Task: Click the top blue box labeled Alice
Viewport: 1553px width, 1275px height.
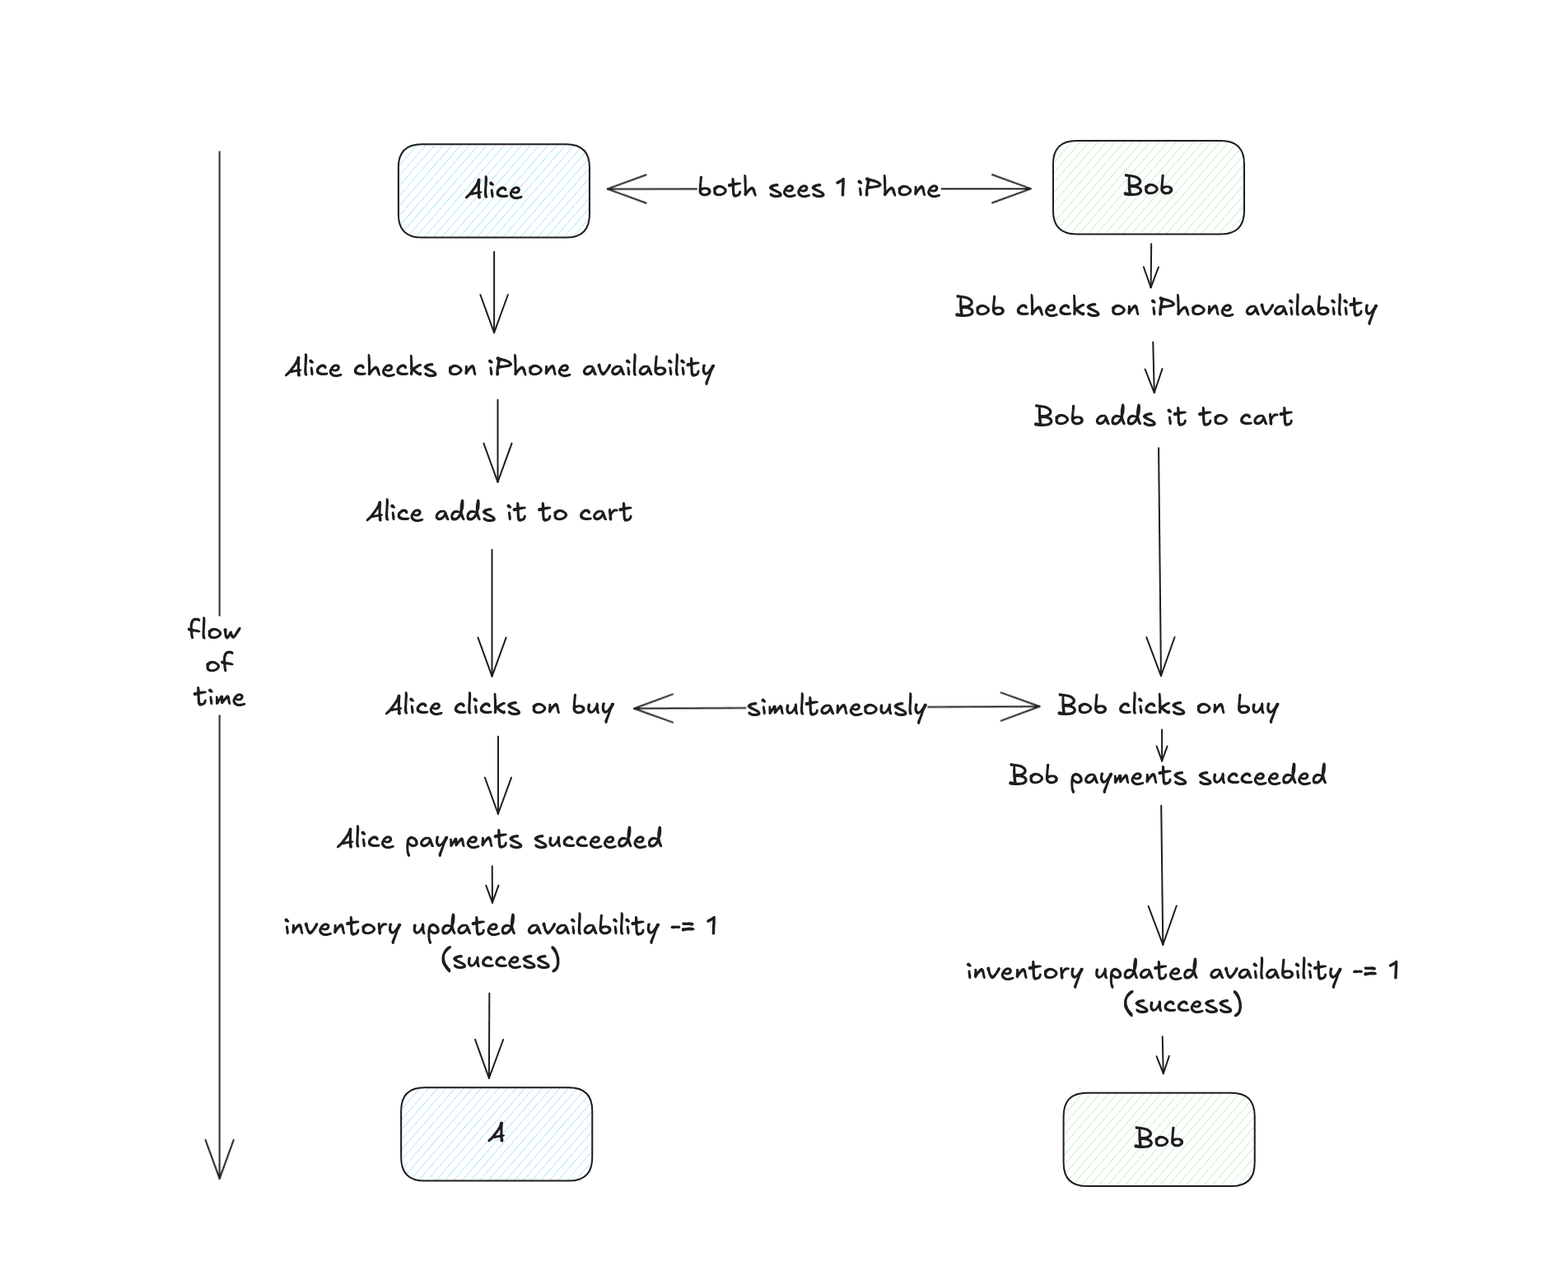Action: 493,191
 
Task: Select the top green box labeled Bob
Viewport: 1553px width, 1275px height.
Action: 1148,187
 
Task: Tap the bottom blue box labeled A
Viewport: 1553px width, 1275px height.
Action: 496,1134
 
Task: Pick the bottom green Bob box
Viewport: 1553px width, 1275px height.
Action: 1158,1139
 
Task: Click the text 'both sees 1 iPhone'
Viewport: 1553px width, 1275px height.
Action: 818,188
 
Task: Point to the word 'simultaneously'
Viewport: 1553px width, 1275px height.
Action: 837,707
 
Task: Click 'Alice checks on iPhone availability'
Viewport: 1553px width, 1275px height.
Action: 499,368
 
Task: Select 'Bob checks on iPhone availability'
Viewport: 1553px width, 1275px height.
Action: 1165,308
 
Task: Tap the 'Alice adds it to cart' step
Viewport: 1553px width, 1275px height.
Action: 499,513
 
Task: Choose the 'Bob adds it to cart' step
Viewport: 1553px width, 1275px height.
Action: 1163,417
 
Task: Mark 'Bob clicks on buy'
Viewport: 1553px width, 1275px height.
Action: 1168,706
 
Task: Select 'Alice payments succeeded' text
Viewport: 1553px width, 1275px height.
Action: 499,840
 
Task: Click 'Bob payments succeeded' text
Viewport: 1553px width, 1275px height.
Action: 1167,776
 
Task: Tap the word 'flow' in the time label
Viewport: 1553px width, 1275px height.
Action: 214,631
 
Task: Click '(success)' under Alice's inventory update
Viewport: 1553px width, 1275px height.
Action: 501,960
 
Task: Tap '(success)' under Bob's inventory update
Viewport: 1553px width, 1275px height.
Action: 1182,1004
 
